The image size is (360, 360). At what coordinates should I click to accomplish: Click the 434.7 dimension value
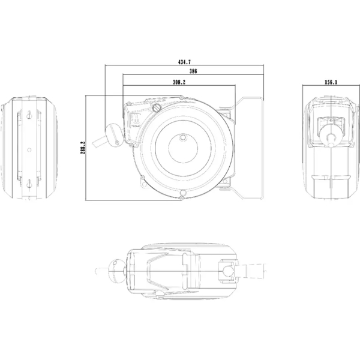tap(184, 62)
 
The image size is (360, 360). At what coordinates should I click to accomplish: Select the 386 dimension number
tap(193, 71)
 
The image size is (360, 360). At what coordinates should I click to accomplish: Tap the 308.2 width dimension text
tap(179, 82)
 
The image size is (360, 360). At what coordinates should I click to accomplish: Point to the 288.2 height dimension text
tap(83, 148)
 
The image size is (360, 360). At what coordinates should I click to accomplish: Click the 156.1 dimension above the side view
tap(331, 82)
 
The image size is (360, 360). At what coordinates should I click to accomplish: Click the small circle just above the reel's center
tap(183, 137)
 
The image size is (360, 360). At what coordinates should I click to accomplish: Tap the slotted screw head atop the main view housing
tap(157, 107)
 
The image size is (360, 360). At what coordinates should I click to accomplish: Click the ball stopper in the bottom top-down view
tap(116, 271)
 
